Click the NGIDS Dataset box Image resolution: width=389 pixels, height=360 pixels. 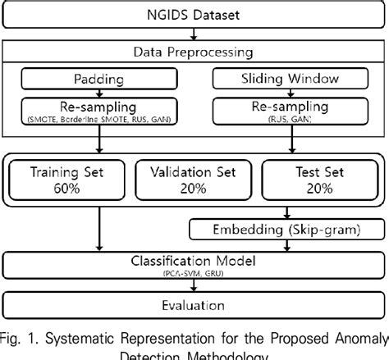click(194, 14)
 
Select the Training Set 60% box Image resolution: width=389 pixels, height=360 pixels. click(68, 180)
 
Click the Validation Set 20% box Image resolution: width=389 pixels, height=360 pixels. click(194, 180)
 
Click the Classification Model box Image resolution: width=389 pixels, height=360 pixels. click(194, 264)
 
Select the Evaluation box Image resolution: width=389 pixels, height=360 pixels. click(194, 305)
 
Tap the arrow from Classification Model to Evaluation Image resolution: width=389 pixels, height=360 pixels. click(194, 285)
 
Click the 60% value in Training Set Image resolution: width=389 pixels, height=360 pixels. click(68, 188)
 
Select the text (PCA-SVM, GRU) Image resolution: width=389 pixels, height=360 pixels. click(194, 272)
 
